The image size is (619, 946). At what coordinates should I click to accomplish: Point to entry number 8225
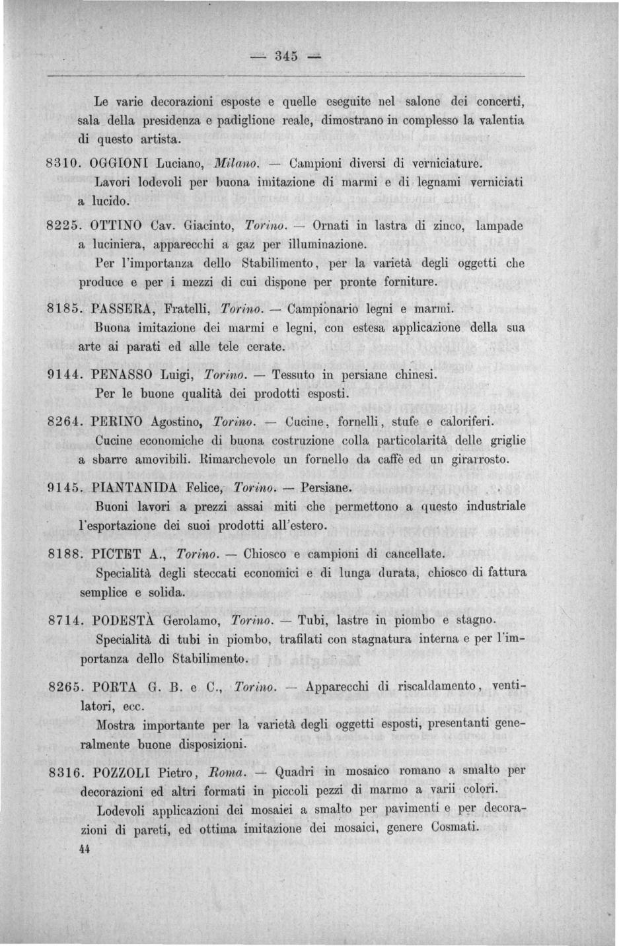point(65,225)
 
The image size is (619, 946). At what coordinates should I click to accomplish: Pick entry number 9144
point(65,375)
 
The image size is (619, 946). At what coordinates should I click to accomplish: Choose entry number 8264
point(65,421)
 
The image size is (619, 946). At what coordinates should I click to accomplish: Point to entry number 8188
point(65,554)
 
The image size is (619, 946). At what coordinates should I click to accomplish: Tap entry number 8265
point(65,686)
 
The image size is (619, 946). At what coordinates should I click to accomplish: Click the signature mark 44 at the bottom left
point(83,851)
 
